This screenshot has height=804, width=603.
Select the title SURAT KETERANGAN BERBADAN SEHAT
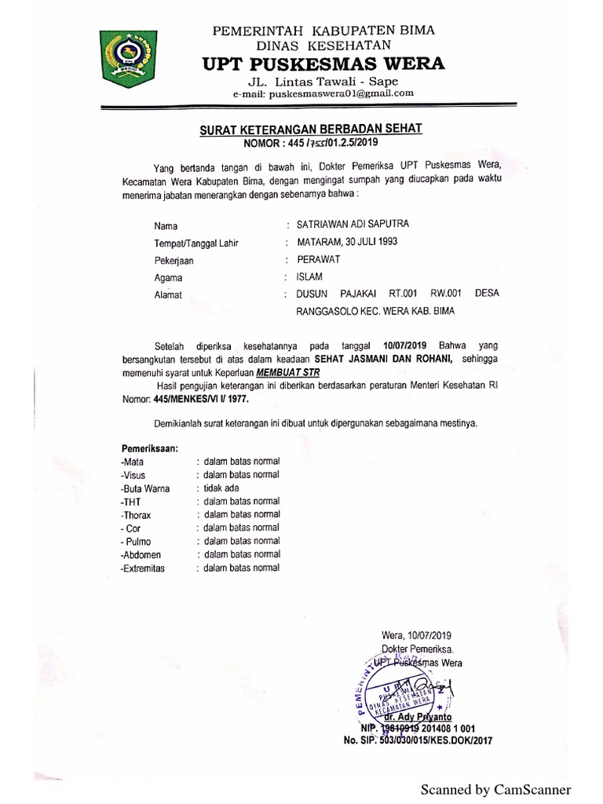pos(312,129)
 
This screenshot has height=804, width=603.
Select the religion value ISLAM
pos(309,277)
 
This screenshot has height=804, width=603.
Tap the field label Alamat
pos(168,295)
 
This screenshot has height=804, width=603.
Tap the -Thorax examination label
pos(136,515)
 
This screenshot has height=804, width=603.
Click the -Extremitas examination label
pos(142,568)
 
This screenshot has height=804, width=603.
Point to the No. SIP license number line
pos(416,740)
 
